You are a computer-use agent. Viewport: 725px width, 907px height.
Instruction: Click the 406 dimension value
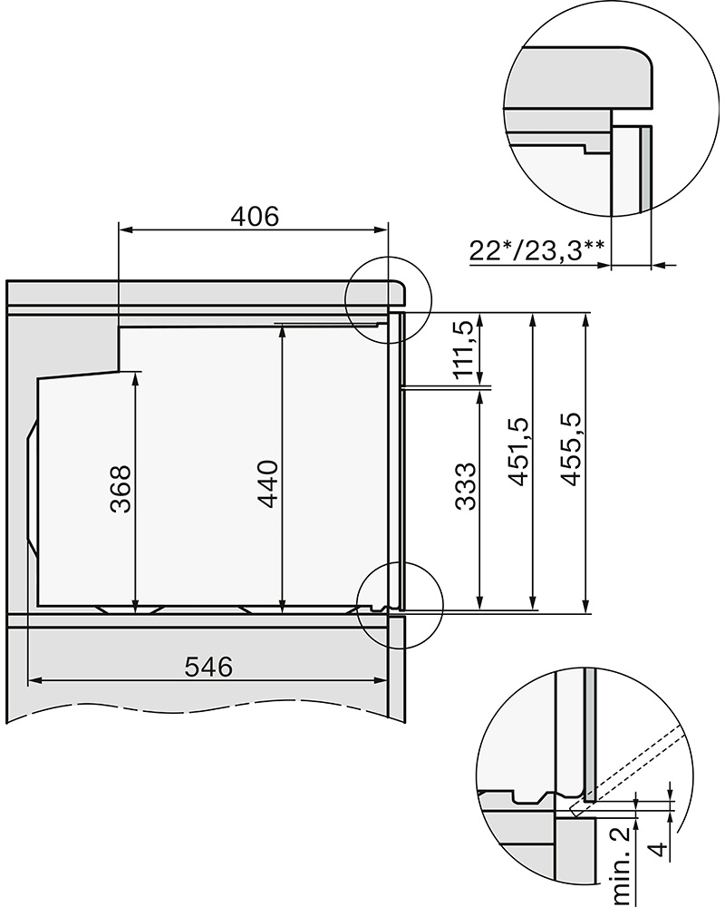pyautogui.click(x=255, y=217)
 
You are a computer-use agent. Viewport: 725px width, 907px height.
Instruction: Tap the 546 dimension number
pyautogui.click(x=208, y=667)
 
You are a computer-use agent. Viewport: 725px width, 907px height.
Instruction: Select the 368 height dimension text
pyautogui.click(x=121, y=489)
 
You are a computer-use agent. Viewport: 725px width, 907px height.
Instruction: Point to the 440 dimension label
pyautogui.click(x=268, y=483)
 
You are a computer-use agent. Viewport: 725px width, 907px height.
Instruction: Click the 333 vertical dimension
pyautogui.click(x=466, y=486)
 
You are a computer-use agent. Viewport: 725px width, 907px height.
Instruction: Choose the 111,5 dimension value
pyautogui.click(x=466, y=349)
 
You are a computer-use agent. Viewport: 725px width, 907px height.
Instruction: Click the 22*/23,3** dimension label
pyautogui.click(x=537, y=251)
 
